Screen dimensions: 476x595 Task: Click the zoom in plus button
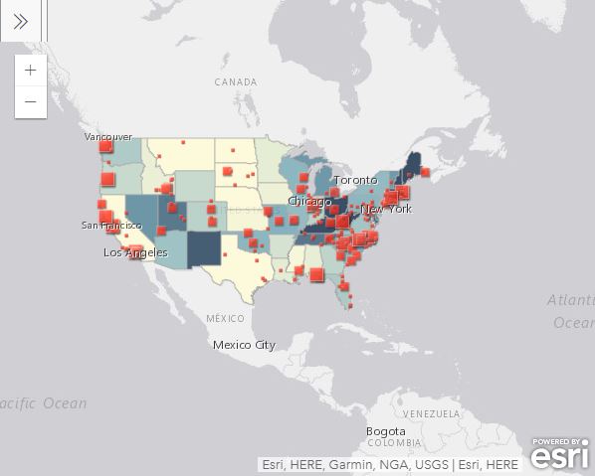[31, 71]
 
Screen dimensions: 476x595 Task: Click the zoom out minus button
[31, 101]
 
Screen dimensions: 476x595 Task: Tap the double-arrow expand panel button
[20, 21]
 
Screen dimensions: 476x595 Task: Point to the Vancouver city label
[108, 136]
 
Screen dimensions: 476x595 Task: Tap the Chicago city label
[309, 201]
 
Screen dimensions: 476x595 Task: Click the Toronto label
[355, 180]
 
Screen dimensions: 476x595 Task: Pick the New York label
[386, 209]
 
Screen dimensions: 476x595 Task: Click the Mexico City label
[244, 345]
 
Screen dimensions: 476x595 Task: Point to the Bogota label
[385, 431]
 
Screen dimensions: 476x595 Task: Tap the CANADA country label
[236, 81]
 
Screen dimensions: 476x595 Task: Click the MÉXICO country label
[225, 318]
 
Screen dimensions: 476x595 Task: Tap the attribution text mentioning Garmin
[389, 464]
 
